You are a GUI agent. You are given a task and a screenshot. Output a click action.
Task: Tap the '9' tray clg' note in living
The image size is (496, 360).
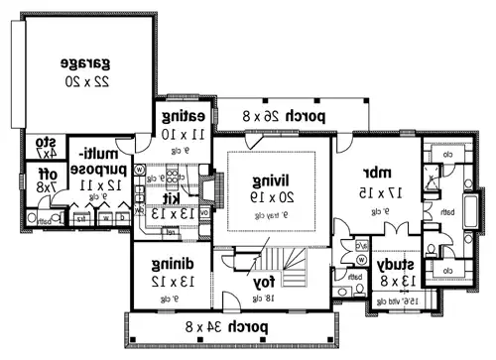click(269, 214)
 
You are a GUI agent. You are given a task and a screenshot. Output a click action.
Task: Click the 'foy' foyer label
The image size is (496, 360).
click(263, 282)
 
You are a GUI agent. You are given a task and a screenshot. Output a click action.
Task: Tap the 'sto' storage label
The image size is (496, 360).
click(45, 141)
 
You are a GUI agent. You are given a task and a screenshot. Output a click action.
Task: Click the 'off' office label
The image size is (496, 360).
click(44, 172)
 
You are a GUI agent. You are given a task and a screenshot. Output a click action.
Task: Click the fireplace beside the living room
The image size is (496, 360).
click(208, 188)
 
